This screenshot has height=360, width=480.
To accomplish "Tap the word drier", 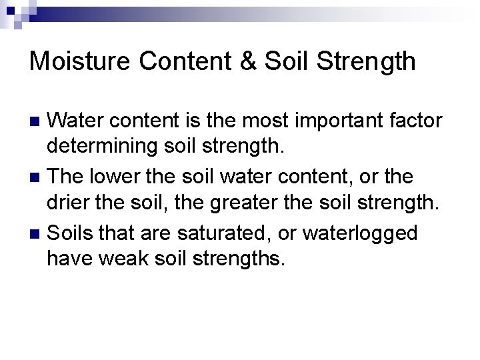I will [x=68, y=201].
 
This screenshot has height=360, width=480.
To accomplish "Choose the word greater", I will [x=239, y=201].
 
